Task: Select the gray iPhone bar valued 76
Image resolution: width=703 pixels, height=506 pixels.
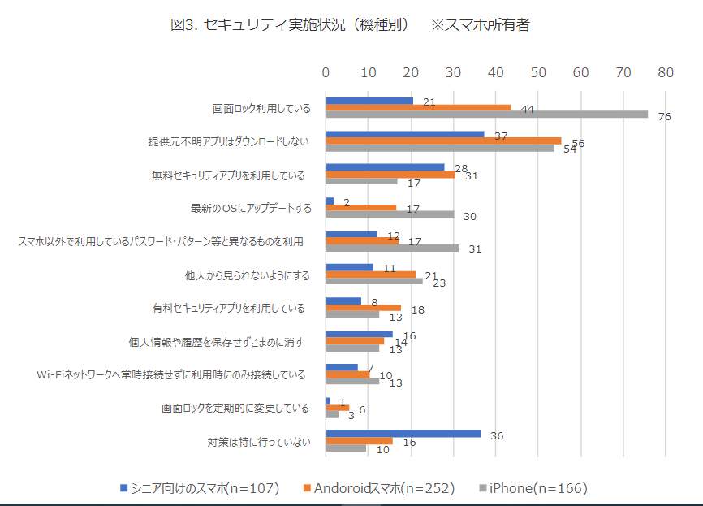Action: coord(486,115)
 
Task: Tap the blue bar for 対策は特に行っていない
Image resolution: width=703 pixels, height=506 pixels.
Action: coord(403,434)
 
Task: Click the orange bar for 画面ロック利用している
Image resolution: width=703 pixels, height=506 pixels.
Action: coord(418,108)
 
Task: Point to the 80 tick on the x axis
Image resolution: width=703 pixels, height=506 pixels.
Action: coord(666,72)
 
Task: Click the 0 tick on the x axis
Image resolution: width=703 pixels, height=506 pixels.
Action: coord(326,72)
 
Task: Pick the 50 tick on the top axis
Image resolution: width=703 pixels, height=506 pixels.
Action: coord(538,72)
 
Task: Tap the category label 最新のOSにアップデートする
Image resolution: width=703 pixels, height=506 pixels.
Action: coord(252,208)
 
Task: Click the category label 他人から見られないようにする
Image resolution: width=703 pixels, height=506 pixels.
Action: coord(248,275)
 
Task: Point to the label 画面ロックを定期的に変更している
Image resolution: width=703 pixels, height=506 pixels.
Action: coord(235,408)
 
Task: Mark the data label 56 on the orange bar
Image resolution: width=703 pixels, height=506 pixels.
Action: coord(578,143)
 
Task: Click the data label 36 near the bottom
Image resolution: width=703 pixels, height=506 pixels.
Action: coord(497,435)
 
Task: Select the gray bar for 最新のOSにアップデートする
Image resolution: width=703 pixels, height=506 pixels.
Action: coord(390,214)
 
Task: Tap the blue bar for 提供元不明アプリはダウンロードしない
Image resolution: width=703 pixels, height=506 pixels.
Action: coord(404,135)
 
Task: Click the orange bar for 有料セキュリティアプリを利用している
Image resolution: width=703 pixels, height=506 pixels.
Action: coord(364,308)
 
